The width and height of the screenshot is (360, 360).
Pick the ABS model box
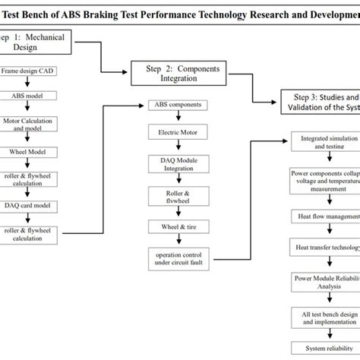[x=28, y=96]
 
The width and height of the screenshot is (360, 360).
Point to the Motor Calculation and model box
[x=28, y=123]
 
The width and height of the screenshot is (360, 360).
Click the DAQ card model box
[x=28, y=205]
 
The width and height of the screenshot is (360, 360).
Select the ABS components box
[x=177, y=104]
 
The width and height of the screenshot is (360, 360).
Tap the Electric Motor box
[x=177, y=131]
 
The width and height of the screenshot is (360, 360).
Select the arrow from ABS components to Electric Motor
[x=177, y=118]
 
